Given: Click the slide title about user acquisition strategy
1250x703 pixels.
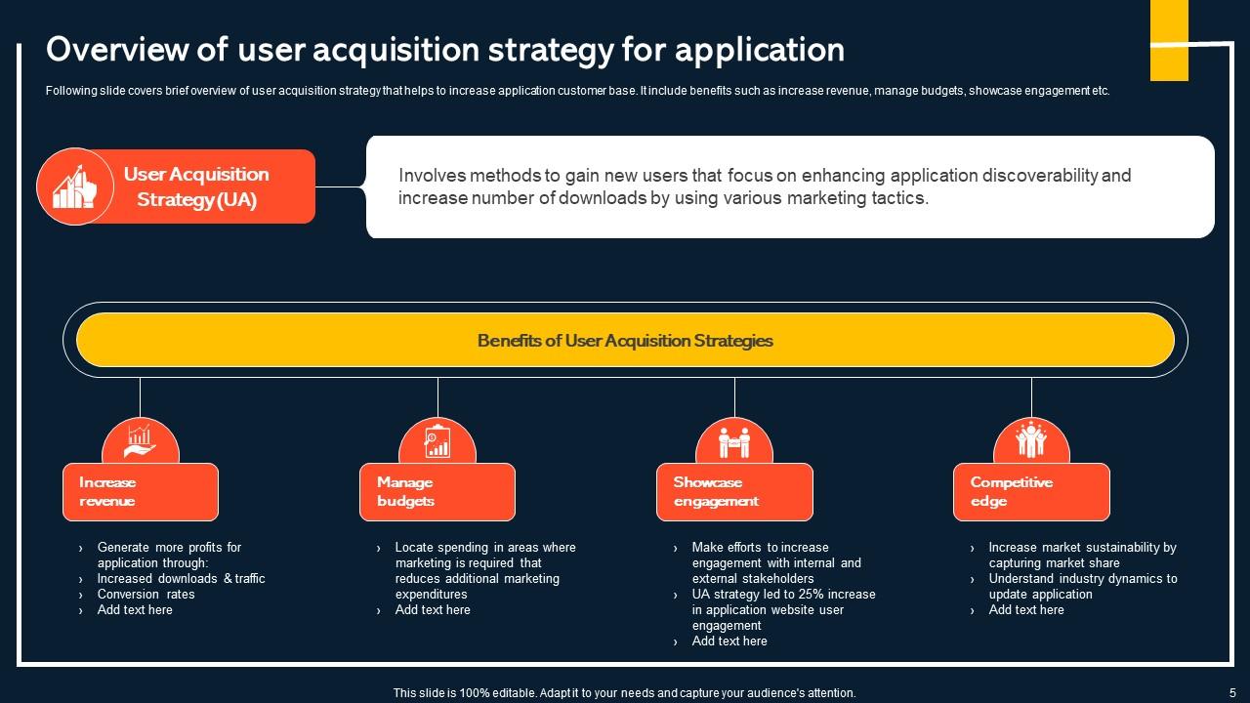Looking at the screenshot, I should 445,49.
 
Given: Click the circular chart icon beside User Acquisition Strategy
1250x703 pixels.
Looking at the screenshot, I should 75,186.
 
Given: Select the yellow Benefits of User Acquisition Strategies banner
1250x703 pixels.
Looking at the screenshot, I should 625,341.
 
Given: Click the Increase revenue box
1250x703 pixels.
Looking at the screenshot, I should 141,492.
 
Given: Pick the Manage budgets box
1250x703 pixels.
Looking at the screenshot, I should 437,492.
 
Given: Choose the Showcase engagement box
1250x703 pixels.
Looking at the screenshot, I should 734,492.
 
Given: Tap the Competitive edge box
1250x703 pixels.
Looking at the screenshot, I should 1031,492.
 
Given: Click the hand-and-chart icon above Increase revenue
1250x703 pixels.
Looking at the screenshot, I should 141,441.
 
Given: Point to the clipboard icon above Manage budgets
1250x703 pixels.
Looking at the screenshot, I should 437,441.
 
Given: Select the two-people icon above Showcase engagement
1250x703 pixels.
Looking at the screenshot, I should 734,442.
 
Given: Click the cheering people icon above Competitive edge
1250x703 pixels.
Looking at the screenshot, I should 1031,440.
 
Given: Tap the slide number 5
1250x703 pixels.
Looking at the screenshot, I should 1232,692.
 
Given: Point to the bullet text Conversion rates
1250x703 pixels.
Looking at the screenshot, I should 146,595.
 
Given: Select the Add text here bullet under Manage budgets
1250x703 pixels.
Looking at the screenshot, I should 433,610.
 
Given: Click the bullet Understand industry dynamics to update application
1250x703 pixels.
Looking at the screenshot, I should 1083,587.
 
